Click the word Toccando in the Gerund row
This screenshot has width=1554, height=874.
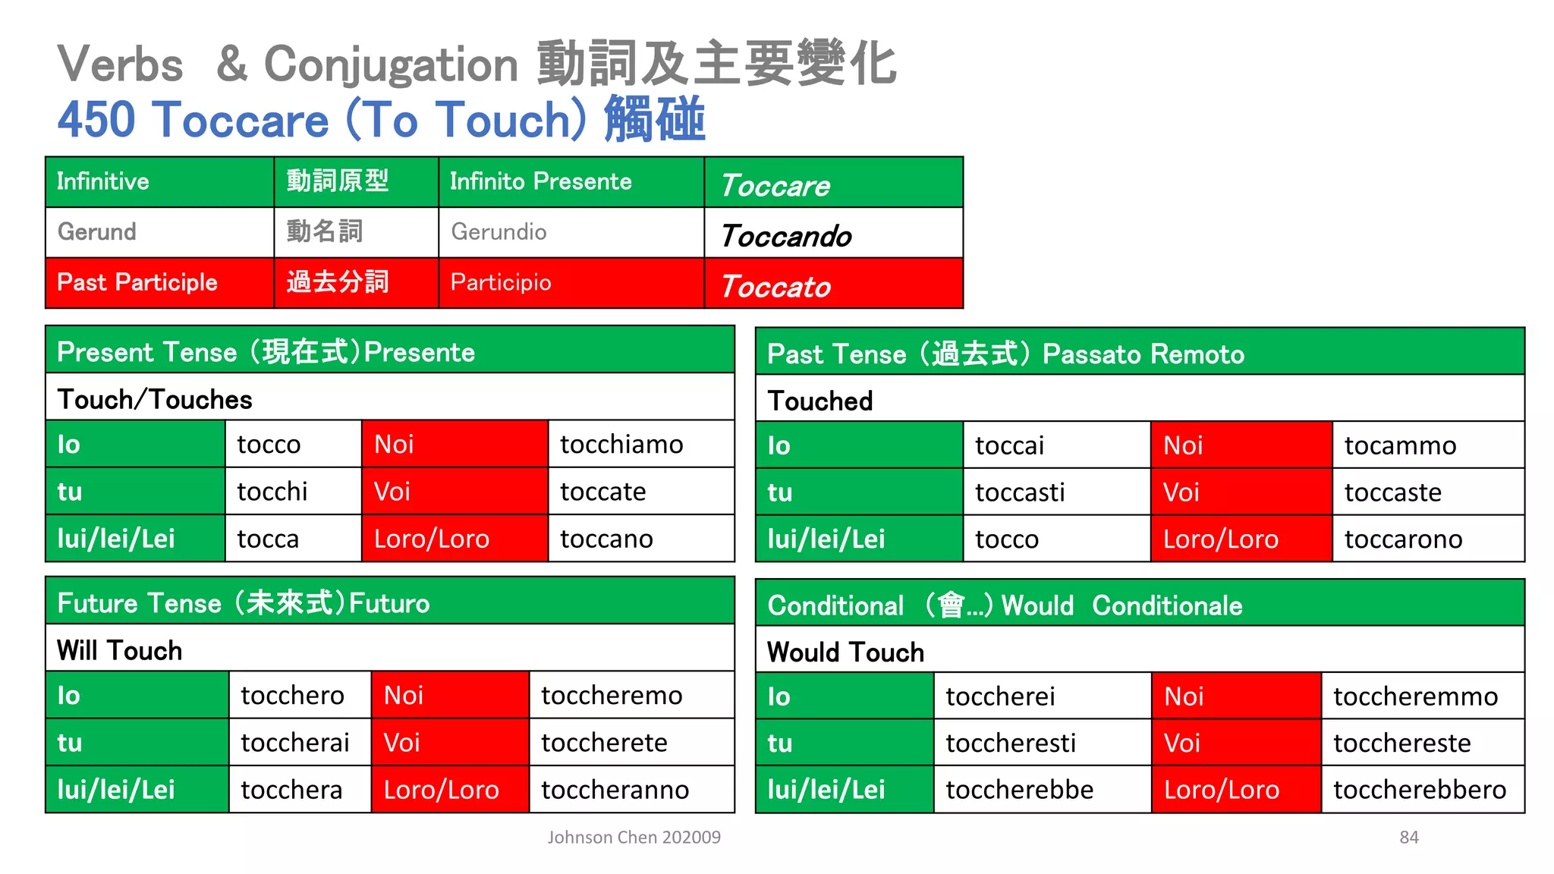coord(786,236)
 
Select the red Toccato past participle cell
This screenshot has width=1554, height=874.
coord(832,284)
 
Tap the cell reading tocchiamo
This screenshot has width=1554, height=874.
coord(621,445)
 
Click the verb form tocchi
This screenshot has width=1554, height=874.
coord(272,492)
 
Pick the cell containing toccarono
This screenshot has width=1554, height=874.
coord(1403,539)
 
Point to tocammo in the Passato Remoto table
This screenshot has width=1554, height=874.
coord(1400,445)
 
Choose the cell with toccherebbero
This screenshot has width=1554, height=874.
coord(1419,790)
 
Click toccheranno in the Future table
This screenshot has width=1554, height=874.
coord(615,790)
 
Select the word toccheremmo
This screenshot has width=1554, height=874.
coord(1415,696)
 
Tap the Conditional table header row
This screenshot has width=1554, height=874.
coord(1139,605)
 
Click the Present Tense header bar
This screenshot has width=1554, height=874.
coord(389,351)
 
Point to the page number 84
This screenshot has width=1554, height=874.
coord(1409,837)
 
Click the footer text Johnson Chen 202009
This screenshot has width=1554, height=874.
coord(634,837)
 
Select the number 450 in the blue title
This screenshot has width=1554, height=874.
coord(96,120)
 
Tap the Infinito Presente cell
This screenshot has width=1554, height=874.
coord(540,181)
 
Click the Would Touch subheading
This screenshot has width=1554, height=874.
coord(845,652)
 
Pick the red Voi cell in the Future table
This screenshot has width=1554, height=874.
coord(449,742)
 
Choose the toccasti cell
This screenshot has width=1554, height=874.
coord(1020,492)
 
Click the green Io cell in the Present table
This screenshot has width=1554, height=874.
coord(134,445)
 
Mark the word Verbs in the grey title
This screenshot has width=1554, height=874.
coord(120,64)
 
